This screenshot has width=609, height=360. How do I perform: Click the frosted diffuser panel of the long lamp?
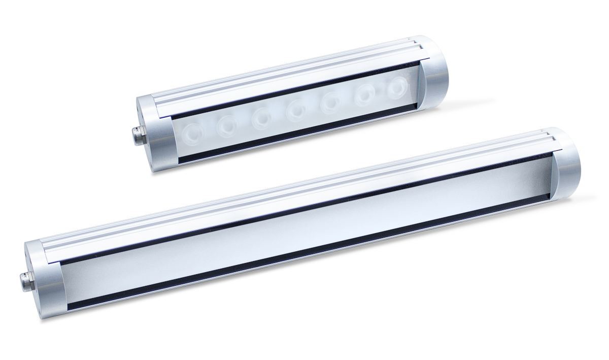coord(304,228)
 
